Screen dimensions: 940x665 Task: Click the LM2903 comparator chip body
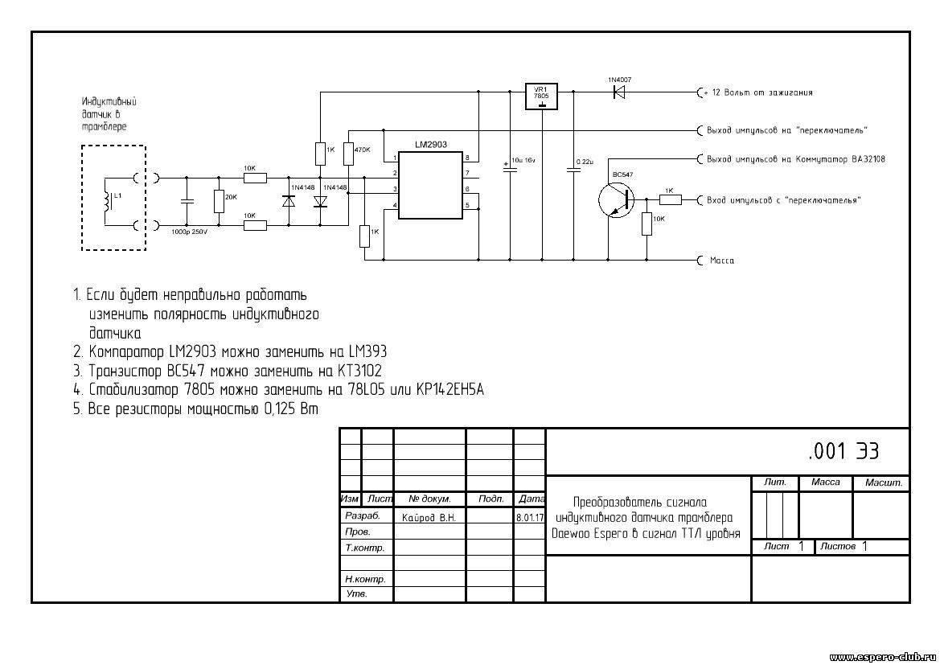pyautogui.click(x=430, y=185)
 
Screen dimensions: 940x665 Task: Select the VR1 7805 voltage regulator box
pyautogui.click(x=541, y=96)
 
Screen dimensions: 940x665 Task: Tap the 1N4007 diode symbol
pyautogui.click(x=619, y=92)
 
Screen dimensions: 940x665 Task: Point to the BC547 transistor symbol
pyautogui.click(x=616, y=199)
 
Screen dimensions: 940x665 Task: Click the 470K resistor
pyautogui.click(x=348, y=154)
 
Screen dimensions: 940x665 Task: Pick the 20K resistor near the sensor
pyautogui.click(x=219, y=202)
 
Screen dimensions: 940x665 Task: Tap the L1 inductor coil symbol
pyautogui.click(x=108, y=202)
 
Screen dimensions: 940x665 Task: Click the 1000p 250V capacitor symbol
pyautogui.click(x=187, y=202)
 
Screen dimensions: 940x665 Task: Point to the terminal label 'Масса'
pyautogui.click(x=722, y=261)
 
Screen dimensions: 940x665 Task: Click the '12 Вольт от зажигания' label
pyautogui.click(x=762, y=92)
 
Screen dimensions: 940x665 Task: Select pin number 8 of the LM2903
pyautogui.click(x=467, y=158)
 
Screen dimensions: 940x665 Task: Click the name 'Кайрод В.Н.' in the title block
pyautogui.click(x=429, y=518)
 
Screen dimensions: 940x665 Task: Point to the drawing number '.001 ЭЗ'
pyautogui.click(x=844, y=452)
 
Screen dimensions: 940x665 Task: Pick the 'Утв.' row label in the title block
pyautogui.click(x=356, y=594)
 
